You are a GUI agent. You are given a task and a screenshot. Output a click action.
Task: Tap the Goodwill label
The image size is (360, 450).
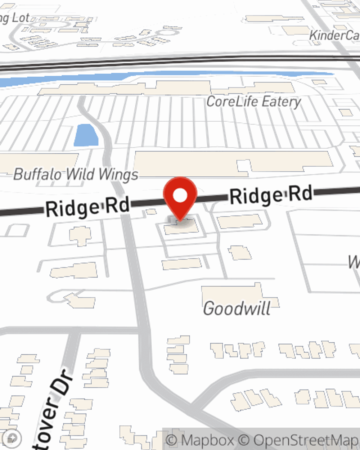tap(237, 309)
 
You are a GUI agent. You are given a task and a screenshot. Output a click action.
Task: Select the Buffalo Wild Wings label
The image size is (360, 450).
tap(76, 175)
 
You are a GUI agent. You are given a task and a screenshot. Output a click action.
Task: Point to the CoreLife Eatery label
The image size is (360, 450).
tap(253, 102)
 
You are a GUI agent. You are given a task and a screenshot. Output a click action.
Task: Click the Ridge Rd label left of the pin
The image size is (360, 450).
tap(87, 207)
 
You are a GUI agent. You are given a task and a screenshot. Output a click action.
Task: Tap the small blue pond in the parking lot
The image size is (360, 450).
tap(86, 135)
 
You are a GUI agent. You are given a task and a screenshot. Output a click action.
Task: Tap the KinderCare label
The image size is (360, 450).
tap(334, 35)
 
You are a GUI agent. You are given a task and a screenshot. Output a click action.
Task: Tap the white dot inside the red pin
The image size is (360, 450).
tap(180, 196)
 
